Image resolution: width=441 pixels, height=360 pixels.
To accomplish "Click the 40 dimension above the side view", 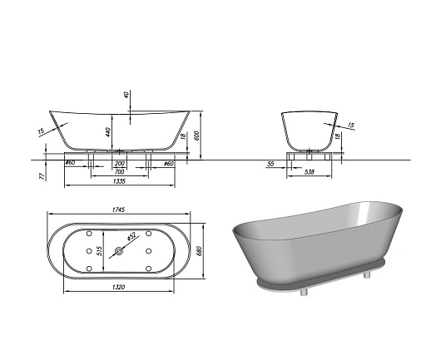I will pos(127,94).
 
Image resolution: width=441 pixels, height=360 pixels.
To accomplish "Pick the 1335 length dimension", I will pos(120,180).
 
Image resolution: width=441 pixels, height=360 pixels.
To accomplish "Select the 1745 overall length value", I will pos(120,212).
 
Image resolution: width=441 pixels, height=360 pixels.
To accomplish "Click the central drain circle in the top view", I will pos(120,250).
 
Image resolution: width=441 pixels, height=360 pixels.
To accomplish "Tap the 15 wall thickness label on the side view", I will pos(41,130).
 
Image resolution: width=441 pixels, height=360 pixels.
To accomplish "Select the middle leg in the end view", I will pos(310,155).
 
